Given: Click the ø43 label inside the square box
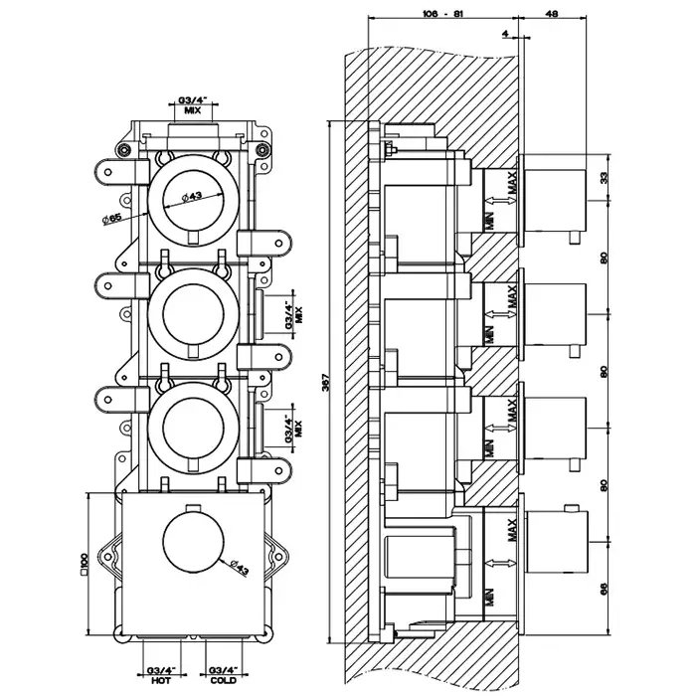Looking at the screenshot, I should (239, 567).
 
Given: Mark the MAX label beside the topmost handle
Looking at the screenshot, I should (511, 184).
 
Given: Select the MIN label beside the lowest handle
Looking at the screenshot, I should (488, 599).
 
